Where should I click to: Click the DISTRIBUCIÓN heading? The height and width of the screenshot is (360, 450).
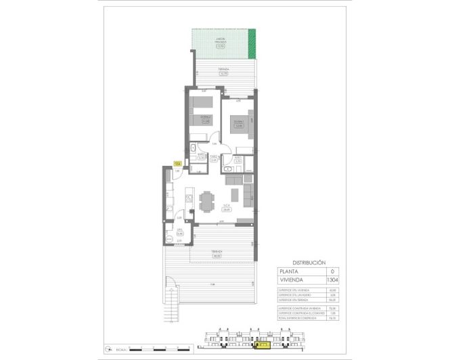pyautogui.click(x=309, y=263)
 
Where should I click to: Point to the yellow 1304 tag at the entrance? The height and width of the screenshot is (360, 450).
pyautogui.click(x=177, y=163)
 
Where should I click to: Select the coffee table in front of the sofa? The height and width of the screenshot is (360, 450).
pyautogui.click(x=235, y=196)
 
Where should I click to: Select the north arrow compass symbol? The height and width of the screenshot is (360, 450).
pyautogui.click(x=109, y=350)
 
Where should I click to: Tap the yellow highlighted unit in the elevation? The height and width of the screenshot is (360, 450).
pyautogui.click(x=262, y=346)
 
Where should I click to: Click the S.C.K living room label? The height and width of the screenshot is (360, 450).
pyautogui.click(x=227, y=207)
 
